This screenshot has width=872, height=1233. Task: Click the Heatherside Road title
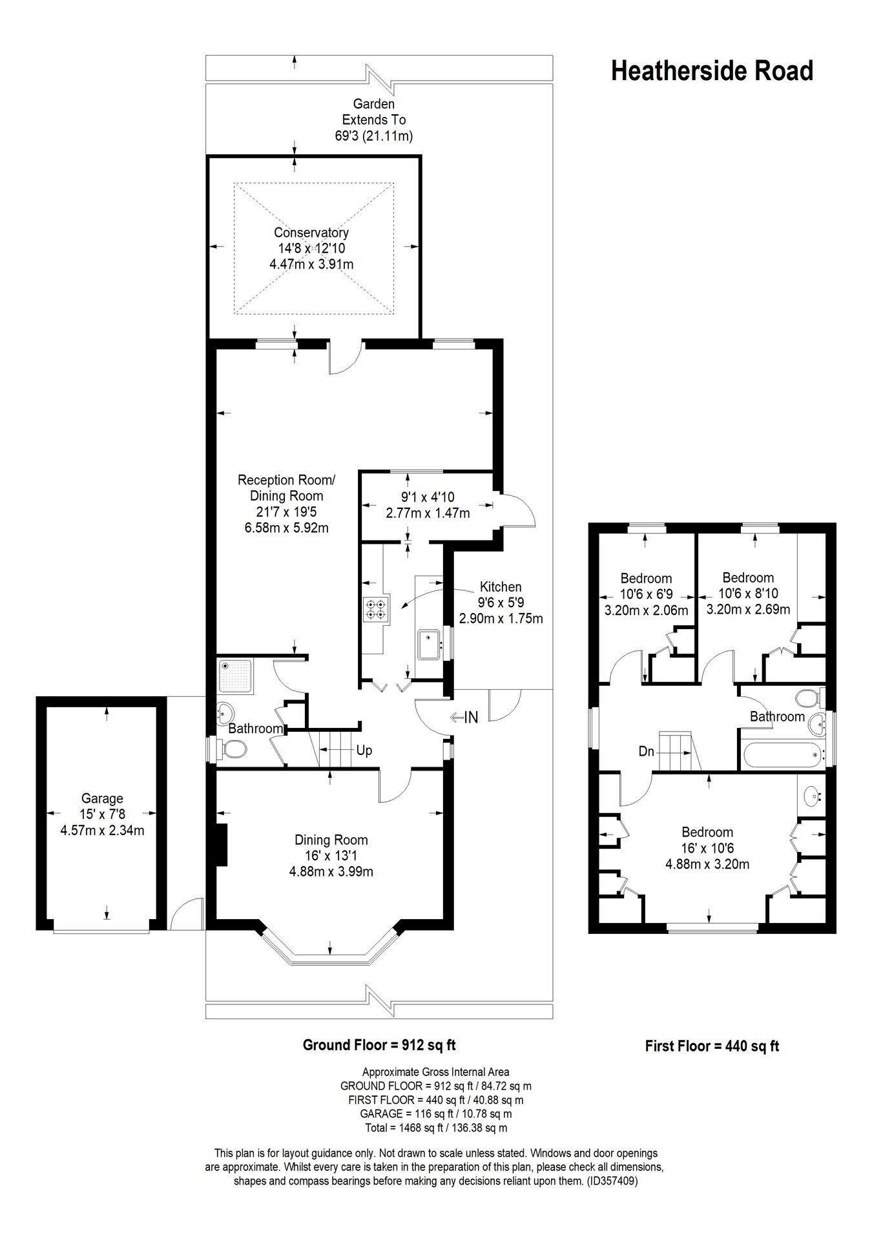[712, 71]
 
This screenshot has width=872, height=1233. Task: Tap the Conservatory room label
[311, 233]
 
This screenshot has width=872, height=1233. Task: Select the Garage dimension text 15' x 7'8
[102, 814]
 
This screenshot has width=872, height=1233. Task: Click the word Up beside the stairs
[364, 751]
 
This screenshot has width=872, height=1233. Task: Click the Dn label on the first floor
[647, 751]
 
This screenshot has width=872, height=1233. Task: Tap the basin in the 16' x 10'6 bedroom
[813, 796]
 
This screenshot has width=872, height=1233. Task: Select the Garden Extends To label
[373, 112]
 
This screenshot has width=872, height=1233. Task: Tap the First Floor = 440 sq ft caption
[712, 1046]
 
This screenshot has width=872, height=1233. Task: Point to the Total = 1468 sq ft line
[436, 1128]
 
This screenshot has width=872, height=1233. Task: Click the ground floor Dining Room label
[331, 840]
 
